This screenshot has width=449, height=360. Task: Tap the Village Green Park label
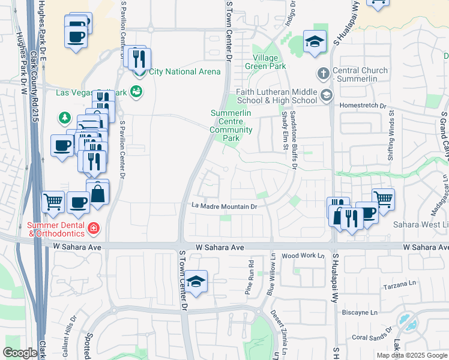pyautogui.click(x=265, y=62)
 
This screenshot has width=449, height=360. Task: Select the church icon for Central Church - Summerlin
pyautogui.click(x=323, y=74)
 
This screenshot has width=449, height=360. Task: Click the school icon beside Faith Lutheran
pyautogui.click(x=326, y=95)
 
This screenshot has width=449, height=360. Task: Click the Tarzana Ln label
pyautogui.click(x=400, y=283)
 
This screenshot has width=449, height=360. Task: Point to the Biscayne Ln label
pyautogui.click(x=360, y=313)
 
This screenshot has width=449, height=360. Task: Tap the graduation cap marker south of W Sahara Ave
pyautogui.click(x=196, y=281)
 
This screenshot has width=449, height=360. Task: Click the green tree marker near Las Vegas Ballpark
pyautogui.click(x=64, y=118)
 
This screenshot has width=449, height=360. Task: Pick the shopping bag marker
pyautogui.click(x=97, y=193)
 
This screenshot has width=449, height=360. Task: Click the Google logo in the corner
pyautogui.click(x=20, y=353)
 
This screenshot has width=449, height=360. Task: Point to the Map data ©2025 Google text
pyautogui.click(x=411, y=355)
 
